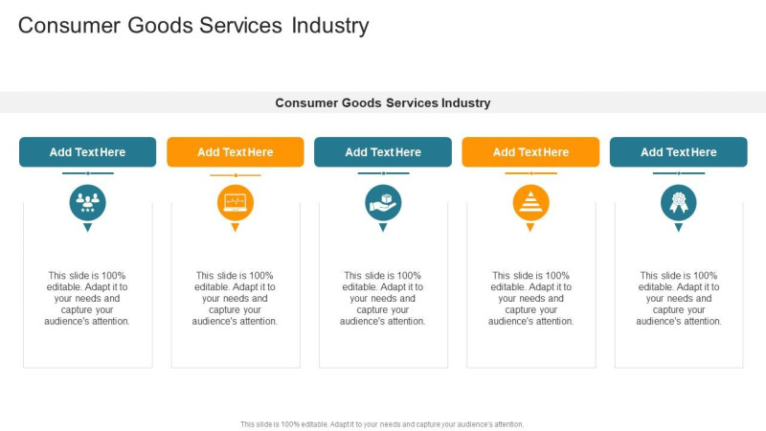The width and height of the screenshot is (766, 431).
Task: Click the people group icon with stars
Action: pyautogui.click(x=87, y=202)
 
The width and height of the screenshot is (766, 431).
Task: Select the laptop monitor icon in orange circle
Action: pyautogui.click(x=236, y=202)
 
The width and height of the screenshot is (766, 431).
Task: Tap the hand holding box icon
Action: pyautogui.click(x=383, y=202)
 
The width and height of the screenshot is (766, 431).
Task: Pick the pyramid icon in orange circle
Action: pyautogui.click(x=531, y=202)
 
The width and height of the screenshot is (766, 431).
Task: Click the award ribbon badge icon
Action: pyautogui.click(x=679, y=202)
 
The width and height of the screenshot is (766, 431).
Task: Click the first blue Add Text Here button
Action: pyautogui.click(x=87, y=152)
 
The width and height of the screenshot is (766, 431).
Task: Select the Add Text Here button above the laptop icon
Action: pyautogui.click(x=236, y=152)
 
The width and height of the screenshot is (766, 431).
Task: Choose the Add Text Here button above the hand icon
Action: pyautogui.click(x=383, y=152)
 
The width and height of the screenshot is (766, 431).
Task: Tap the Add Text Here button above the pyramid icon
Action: pyautogui.click(x=531, y=152)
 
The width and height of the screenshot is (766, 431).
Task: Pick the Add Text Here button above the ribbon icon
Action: pyautogui.click(x=679, y=152)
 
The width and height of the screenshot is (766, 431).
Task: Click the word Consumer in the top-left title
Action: pyautogui.click(x=69, y=26)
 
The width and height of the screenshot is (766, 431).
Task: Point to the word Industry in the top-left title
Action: pyautogui.click(x=330, y=26)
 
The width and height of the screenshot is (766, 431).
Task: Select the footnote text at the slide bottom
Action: pyautogui.click(x=382, y=424)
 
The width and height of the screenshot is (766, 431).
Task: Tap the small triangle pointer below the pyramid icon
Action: pyautogui.click(x=530, y=227)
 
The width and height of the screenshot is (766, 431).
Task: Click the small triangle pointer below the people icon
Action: pyautogui.click(x=87, y=227)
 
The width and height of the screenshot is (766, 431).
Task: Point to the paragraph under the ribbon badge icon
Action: pyautogui.click(x=679, y=298)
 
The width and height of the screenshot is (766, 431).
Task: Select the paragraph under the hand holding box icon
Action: pyautogui.click(x=382, y=298)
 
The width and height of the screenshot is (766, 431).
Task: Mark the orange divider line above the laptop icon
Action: pyautogui.click(x=236, y=175)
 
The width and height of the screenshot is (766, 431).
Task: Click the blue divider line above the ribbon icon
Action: pyautogui.click(x=679, y=173)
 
